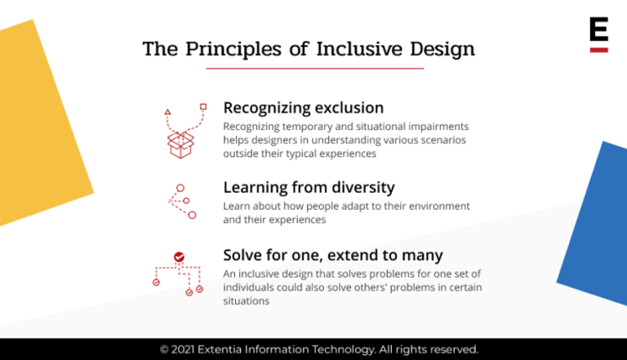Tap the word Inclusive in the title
342,49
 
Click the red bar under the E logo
598,50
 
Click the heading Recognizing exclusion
303,108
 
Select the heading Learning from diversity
309,187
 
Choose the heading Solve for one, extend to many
333,255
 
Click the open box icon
181,144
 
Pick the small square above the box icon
203,107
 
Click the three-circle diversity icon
182,201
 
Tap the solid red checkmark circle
179,257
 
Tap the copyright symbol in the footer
164,349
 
